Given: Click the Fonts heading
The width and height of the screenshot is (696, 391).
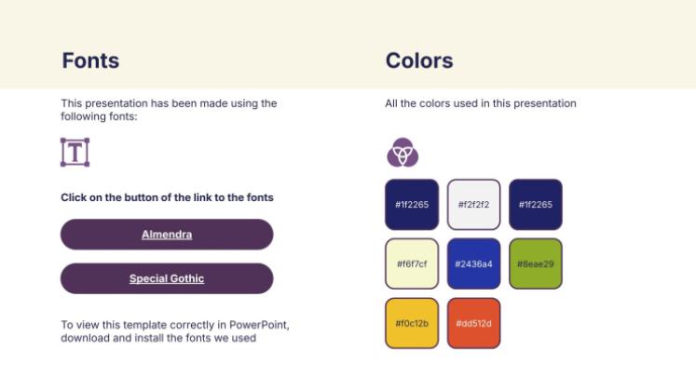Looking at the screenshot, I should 90,61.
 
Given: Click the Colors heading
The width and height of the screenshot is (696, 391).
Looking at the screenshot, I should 418,61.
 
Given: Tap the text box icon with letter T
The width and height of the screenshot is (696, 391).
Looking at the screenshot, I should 75,152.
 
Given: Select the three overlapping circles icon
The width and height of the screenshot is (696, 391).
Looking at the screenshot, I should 403,152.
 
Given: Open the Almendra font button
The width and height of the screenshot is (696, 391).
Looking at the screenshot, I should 167,235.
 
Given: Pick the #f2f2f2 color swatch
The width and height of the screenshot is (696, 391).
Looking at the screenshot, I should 473,204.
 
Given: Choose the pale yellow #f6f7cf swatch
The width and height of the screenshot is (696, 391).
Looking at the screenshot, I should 411,263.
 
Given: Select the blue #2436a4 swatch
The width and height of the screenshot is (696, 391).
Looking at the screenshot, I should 473,263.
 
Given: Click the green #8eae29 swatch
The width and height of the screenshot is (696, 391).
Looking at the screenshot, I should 535,263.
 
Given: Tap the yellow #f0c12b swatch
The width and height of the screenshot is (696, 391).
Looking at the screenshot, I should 411,323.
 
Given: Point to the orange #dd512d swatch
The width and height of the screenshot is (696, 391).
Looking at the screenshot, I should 473,323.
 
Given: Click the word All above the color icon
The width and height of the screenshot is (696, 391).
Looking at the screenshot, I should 392,103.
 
